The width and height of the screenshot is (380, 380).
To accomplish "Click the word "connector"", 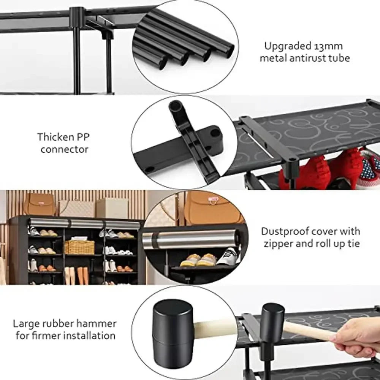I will [64, 149].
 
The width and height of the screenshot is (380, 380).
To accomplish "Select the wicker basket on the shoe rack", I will [79, 247].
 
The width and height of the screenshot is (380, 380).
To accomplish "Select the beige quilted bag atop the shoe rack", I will [76, 208].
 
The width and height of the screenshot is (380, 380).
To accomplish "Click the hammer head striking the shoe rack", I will [272, 318].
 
